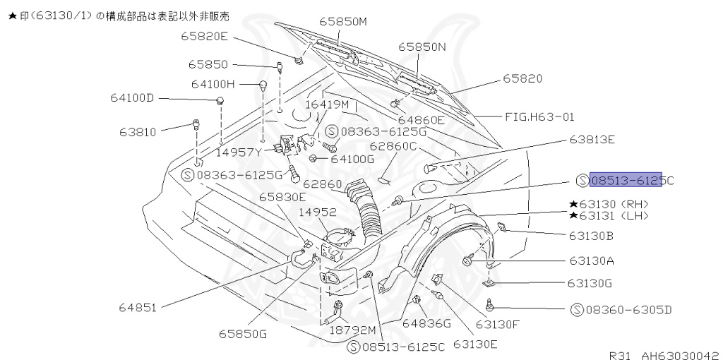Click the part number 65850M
343,22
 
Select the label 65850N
422,47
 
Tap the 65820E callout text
204,35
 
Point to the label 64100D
131,97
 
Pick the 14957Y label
239,152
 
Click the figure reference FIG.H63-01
539,116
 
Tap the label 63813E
592,139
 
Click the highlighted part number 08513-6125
626,180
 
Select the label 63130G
589,283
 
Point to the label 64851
138,307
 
